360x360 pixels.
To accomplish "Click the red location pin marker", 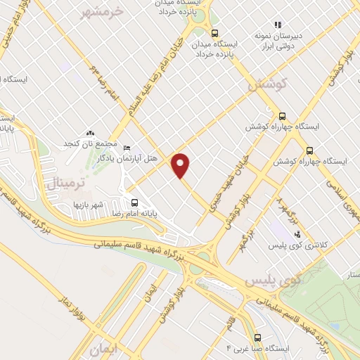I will pyautogui.click(x=181, y=165).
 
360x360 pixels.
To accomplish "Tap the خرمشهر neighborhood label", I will pyautogui.click(x=103, y=12).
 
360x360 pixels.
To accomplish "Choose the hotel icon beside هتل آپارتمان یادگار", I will pyautogui.click(x=127, y=148).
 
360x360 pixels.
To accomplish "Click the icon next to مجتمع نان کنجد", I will pyautogui.click(x=89, y=132).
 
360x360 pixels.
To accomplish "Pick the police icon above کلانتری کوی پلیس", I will pyautogui.click(x=297, y=233).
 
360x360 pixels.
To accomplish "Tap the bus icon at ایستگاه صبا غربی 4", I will pyautogui.click(x=257, y=337).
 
